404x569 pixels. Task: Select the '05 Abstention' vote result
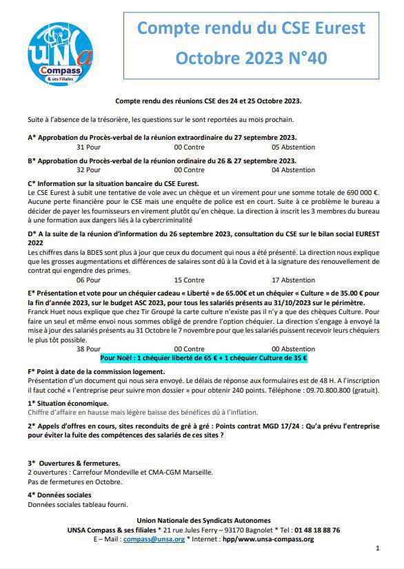[293, 147]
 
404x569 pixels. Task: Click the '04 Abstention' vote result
[293, 170]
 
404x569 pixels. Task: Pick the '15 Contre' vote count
[189, 280]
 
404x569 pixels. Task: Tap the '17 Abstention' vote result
[293, 280]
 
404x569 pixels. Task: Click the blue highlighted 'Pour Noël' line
[203, 358]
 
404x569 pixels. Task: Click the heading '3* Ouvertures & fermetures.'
[74, 464]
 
